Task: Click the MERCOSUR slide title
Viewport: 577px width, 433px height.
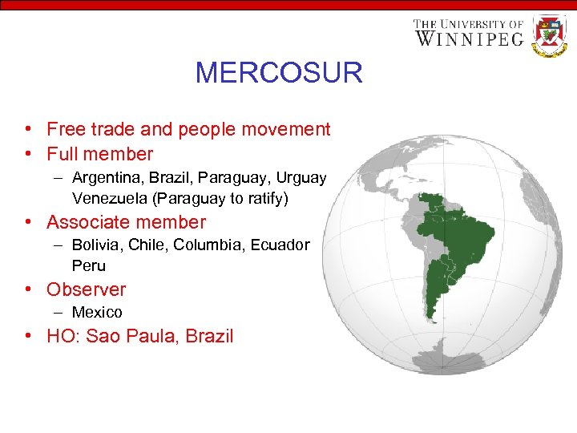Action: [x=279, y=73]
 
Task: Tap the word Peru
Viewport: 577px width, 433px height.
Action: [x=88, y=265]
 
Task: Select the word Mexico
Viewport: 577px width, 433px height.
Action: [x=97, y=313]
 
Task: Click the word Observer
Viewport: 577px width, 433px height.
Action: [x=86, y=289]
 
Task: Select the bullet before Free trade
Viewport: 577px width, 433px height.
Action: [x=28, y=129]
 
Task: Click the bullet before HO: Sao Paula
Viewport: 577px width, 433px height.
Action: [x=28, y=336]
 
